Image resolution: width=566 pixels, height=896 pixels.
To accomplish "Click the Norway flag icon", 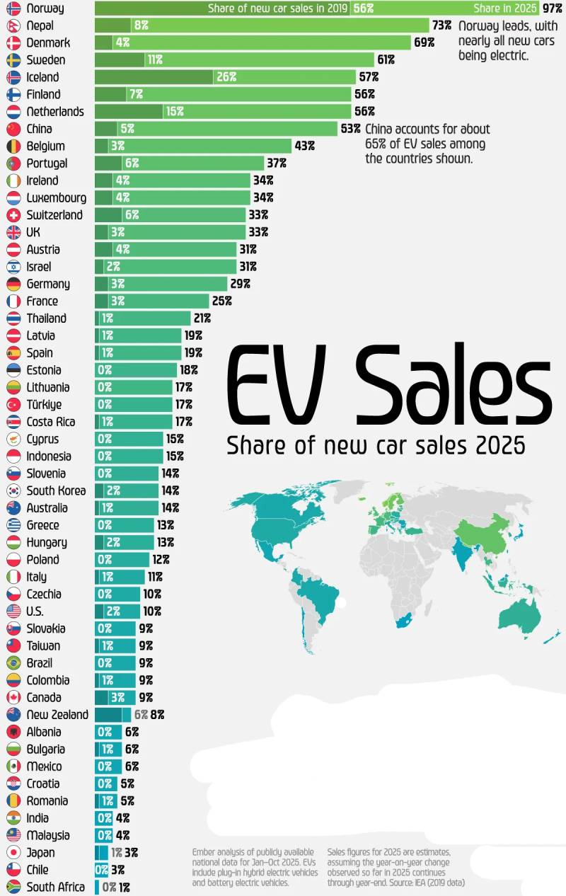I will pyautogui.click(x=13, y=8).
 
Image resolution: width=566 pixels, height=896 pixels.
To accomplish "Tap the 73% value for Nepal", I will pyautogui.click(x=442, y=25).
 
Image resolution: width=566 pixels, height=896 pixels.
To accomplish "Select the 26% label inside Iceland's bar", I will pyautogui.click(x=226, y=77).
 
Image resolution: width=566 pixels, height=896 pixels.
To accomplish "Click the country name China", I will pyautogui.click(x=39, y=129).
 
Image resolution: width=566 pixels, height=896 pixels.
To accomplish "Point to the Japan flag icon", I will pyautogui.click(x=13, y=853).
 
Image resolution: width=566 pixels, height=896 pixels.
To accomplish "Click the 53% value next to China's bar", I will pyautogui.click(x=351, y=129).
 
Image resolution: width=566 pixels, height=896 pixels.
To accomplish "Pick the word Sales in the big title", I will pyautogui.click(x=453, y=386).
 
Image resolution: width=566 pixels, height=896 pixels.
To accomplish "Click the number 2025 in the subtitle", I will pyautogui.click(x=500, y=446).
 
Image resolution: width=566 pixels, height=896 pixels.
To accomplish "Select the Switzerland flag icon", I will pyautogui.click(x=13, y=215).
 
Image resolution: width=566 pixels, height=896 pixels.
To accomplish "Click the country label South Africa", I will pyautogui.click(x=55, y=887).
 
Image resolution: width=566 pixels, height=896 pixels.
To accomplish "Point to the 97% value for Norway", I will pyautogui.click(x=552, y=8).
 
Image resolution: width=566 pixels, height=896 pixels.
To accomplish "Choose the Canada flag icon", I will pyautogui.click(x=13, y=697).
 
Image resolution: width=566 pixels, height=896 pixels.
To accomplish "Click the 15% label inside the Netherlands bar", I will pyautogui.click(x=174, y=112).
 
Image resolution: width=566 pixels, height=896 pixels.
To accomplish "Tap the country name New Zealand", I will pyautogui.click(x=57, y=715).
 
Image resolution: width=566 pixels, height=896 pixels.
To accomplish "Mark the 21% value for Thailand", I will pyautogui.click(x=202, y=318).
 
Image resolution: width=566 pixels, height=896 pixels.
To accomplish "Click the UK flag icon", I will pyautogui.click(x=13, y=232).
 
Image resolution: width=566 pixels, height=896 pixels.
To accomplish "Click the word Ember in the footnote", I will pyautogui.click(x=205, y=852).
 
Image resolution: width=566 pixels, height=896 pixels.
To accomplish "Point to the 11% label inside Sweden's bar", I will pyautogui.click(x=155, y=60).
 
